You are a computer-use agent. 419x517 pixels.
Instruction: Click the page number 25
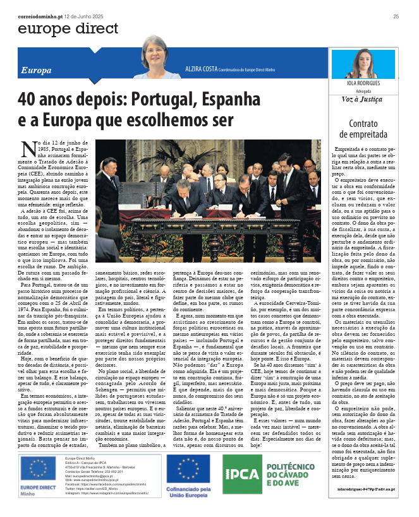[x=396, y=16]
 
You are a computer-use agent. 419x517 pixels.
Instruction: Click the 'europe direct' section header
[x=68, y=29]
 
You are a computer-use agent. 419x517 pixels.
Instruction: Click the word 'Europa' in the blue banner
[x=36, y=70]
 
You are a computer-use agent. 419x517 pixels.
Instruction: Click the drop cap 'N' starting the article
[x=27, y=148]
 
